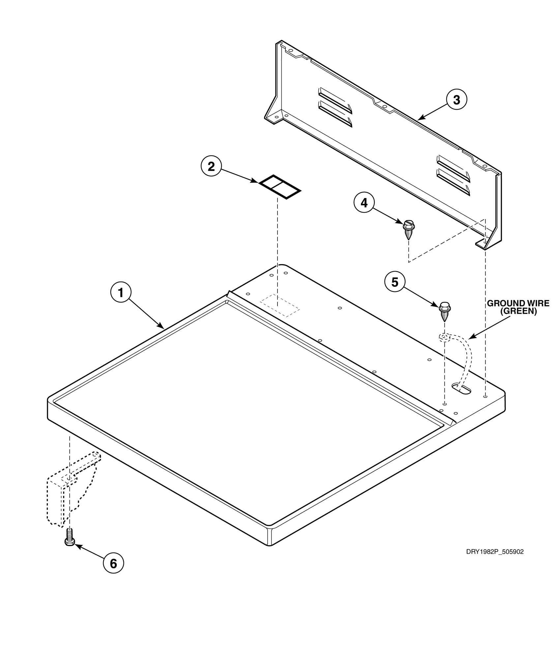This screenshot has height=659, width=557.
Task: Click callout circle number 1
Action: click(121, 292)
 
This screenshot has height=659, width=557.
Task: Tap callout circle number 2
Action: click(211, 166)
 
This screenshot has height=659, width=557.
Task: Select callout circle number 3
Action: click(456, 100)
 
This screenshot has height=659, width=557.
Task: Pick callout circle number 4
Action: click(364, 203)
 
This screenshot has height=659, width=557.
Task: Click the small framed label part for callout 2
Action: click(280, 187)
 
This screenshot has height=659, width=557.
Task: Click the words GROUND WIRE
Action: click(518, 303)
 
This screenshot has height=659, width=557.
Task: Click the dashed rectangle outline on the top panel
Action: click(280, 306)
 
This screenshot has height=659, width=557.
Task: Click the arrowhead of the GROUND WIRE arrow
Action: click(470, 338)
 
